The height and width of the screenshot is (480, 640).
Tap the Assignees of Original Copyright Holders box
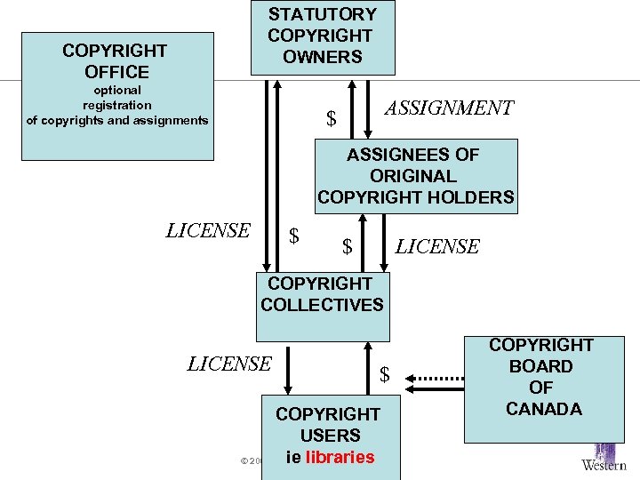[415, 176]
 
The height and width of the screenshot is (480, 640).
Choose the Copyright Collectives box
[322, 306]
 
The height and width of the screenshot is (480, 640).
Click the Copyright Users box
[328, 436]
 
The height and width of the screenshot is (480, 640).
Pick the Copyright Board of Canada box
[542, 388]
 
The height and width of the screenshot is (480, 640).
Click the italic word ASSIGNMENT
[448, 108]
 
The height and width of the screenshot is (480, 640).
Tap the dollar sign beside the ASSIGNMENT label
[332, 118]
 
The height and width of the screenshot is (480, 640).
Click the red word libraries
[339, 457]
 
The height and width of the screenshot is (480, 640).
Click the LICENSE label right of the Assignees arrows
[437, 247]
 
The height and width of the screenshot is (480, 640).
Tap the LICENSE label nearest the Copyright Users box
[229, 364]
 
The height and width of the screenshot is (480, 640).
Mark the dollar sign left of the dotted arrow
[385, 376]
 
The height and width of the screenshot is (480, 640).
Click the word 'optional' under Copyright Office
[117, 90]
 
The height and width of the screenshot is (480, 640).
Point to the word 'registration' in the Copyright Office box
[117, 105]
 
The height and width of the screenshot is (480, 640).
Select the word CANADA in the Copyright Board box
[543, 409]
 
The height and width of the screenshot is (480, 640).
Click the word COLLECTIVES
[322, 305]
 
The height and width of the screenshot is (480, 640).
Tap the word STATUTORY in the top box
[322, 14]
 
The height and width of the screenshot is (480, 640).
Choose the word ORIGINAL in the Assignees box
[413, 176]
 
